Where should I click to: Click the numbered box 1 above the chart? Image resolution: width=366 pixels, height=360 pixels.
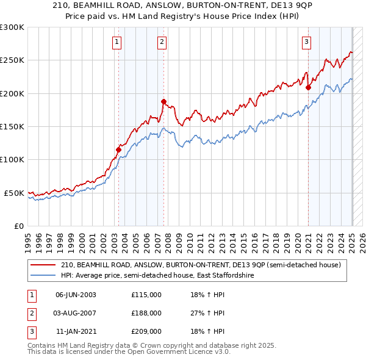(117, 42)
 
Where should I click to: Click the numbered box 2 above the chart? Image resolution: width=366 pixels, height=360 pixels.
(162, 42)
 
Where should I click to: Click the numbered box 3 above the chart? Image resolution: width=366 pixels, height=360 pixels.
(306, 42)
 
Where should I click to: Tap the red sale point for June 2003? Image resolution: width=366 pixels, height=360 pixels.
(118, 149)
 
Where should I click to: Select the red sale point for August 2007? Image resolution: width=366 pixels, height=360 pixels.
(163, 101)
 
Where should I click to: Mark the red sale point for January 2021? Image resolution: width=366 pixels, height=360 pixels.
(308, 87)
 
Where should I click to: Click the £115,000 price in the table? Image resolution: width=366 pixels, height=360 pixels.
(146, 295)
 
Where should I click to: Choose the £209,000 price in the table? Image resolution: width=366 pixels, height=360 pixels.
(146, 331)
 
